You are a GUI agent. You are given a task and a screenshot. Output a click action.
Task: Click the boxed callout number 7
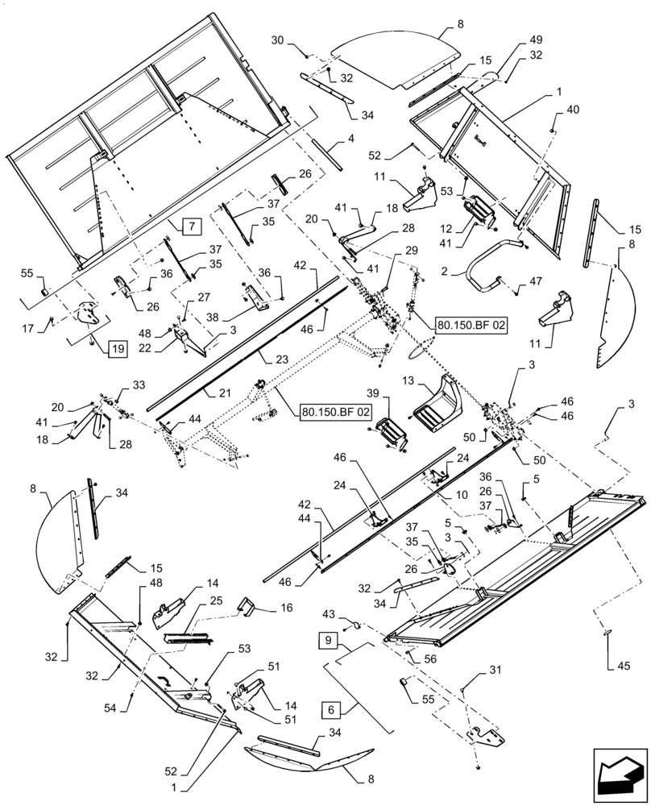click(x=192, y=226)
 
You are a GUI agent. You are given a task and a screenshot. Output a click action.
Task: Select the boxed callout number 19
click(x=118, y=349)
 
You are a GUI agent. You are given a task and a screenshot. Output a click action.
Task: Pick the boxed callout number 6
click(x=332, y=710)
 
